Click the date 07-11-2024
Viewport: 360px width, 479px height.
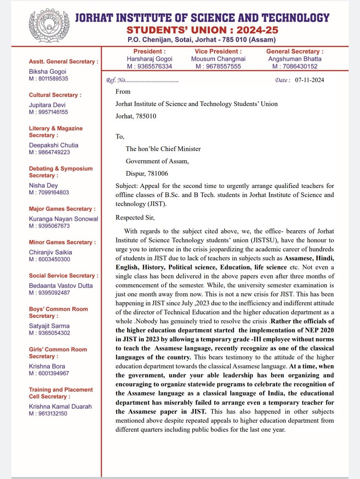point(310,80)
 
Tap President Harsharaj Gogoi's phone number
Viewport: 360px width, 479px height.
point(150,66)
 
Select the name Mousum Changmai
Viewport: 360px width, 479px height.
point(218,59)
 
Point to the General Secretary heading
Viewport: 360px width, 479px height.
point(295,51)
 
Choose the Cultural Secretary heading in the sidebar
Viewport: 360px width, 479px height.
point(55,95)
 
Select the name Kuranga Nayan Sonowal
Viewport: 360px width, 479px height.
point(63,219)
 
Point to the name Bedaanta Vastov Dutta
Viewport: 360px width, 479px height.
point(61,286)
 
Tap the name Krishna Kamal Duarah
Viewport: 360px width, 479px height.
point(60,406)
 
